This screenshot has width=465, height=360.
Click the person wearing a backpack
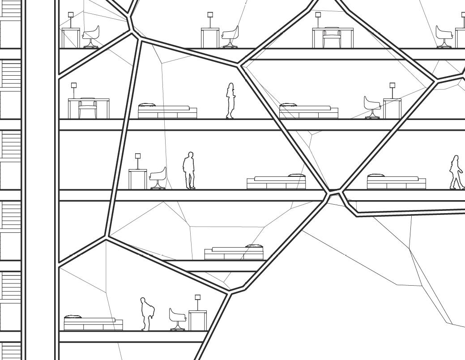pyautogui.click(x=145, y=314)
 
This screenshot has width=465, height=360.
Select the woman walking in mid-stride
pyautogui.click(x=456, y=173)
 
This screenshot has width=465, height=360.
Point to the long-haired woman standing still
pyautogui.click(x=230, y=101)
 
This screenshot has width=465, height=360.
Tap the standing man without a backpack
pyautogui.click(x=190, y=171)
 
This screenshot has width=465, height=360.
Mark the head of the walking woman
pyautogui.click(x=456, y=158)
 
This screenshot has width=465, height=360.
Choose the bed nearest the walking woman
pyautogui.click(x=396, y=182)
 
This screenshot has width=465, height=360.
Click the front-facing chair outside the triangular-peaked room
pyautogui.click(x=87, y=108)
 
